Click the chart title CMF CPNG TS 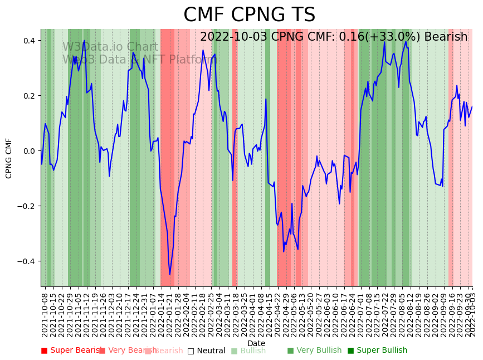(249, 15)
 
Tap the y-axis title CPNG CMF (9, 158)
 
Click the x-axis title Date (256, 343)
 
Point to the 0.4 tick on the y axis (30, 41)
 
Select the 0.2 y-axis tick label (30, 96)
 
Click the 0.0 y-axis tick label (30, 151)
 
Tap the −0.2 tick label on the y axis (27, 206)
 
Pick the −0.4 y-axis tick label (27, 261)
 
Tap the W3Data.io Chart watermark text (110, 47)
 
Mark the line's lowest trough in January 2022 (170, 274)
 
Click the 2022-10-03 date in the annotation (233, 37)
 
